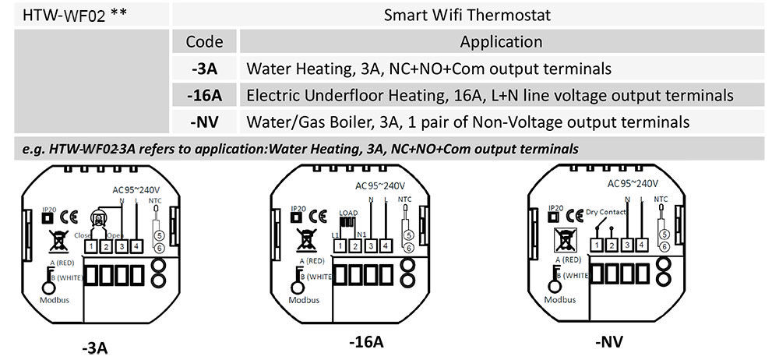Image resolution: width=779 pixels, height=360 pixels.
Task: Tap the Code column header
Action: coord(205,42)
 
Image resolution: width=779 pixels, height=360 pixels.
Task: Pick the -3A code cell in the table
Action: coord(204,69)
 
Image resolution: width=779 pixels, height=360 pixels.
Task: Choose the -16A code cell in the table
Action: coord(204,95)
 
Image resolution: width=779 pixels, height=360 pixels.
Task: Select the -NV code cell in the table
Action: coord(204,122)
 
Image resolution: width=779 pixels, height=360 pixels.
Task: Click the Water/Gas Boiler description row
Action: coord(467,122)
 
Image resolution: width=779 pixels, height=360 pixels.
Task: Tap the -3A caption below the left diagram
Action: coord(96,347)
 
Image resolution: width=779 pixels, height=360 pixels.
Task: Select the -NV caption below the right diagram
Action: coord(609,341)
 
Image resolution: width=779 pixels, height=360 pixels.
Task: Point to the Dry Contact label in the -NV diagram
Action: coord(605,211)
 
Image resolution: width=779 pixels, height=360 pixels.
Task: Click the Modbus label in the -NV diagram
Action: coord(562,299)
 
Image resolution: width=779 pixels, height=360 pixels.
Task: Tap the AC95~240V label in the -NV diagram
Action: coord(633,184)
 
